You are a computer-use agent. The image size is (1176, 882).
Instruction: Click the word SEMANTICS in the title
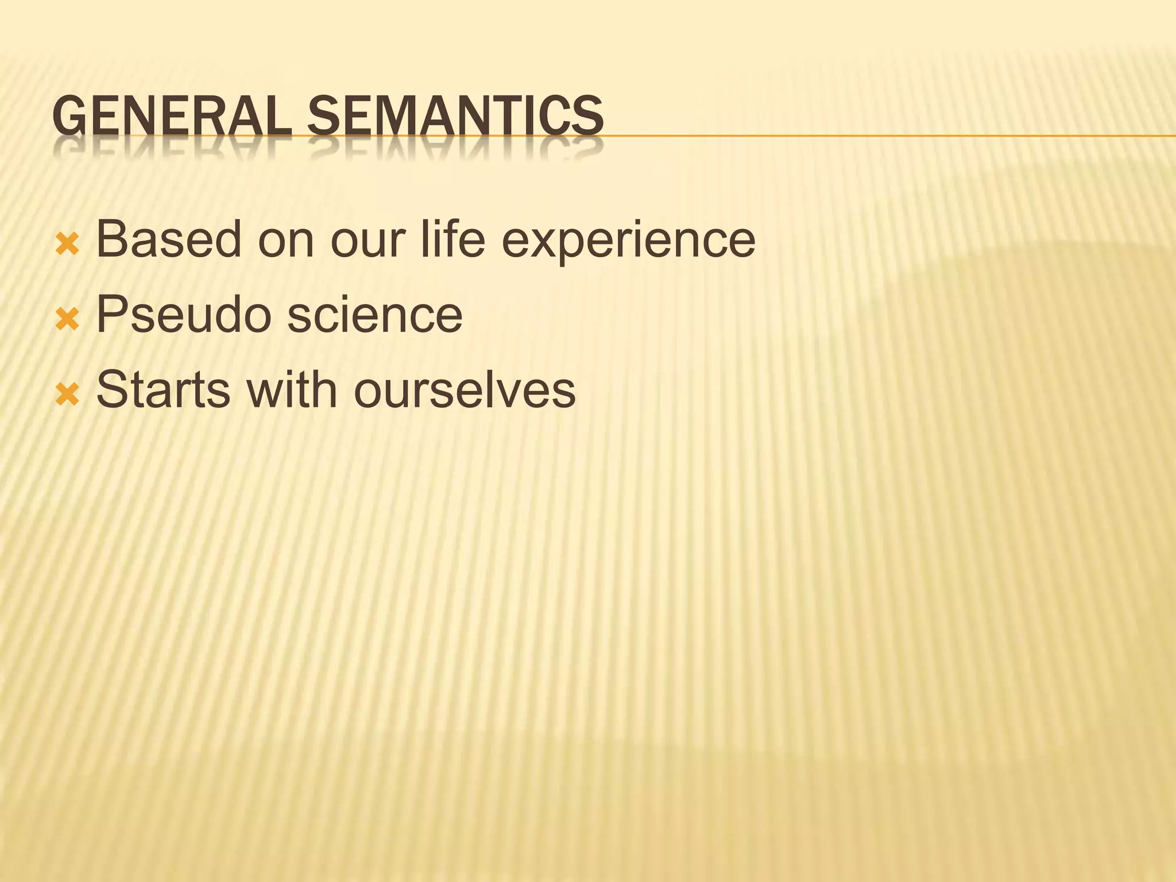click(455, 116)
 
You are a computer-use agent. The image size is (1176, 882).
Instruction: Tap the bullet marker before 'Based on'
click(67, 246)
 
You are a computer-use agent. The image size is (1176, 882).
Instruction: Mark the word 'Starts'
click(163, 389)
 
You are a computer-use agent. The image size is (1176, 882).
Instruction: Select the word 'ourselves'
click(464, 389)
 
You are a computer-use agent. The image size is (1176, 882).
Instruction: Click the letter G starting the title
click(68, 116)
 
